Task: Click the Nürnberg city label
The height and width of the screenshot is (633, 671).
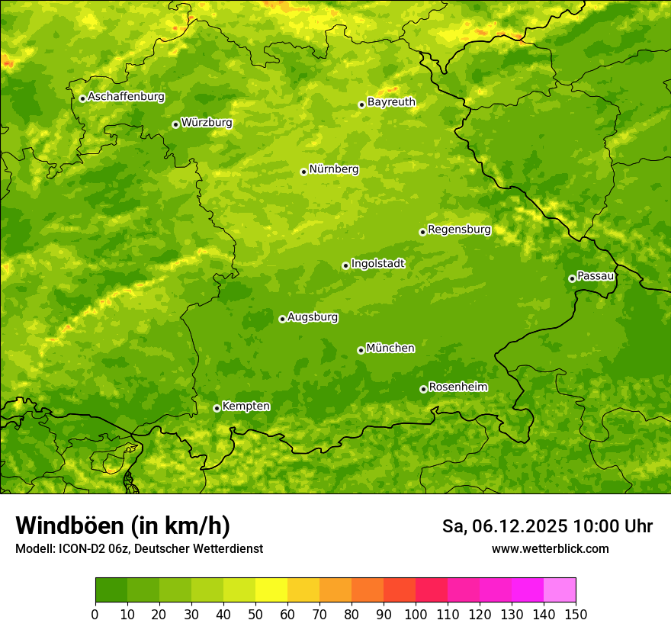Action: point(333,169)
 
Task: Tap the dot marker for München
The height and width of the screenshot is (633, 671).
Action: point(361,350)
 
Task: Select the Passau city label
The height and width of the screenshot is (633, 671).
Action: point(596,276)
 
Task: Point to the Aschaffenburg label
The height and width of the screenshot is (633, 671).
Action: point(126,97)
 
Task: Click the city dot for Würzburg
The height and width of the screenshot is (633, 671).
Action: point(175,124)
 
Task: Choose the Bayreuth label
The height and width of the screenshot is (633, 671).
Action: point(391,102)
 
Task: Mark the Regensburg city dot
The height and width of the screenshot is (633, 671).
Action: point(422,232)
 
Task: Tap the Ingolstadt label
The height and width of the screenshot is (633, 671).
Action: point(377,264)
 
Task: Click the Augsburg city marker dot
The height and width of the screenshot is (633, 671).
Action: point(282,319)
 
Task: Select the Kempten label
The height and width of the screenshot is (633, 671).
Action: point(246,406)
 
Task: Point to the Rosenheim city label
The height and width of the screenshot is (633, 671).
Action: point(457,387)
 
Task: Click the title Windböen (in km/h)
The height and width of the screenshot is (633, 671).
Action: point(122,525)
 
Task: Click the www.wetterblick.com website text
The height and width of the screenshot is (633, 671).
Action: point(550,548)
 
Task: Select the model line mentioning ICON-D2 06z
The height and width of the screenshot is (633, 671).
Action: point(139,548)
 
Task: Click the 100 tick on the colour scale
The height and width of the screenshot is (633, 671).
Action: point(416,614)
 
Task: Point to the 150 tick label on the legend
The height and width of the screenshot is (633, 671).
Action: point(576,614)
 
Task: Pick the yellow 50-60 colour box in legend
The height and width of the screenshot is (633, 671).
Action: point(271,590)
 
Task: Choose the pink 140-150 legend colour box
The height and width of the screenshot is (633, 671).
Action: point(560,590)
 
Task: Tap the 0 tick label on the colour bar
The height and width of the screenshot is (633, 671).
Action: point(95,614)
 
